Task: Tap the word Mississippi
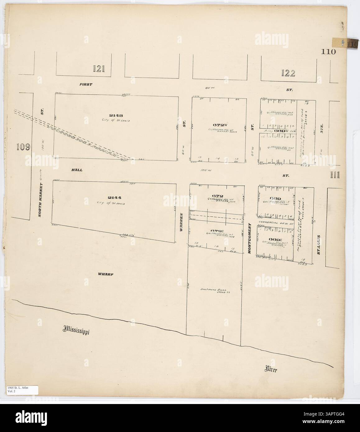(x=76, y=329)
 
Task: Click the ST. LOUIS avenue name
(x=319, y=244)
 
